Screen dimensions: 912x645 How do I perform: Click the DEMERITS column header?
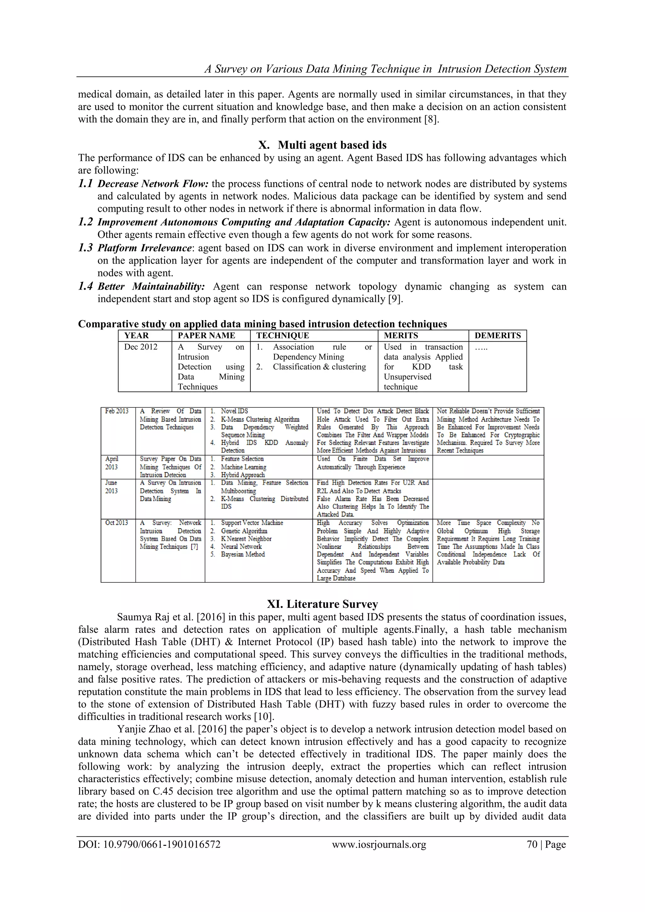(x=497, y=335)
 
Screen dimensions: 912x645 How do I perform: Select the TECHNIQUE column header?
(x=282, y=335)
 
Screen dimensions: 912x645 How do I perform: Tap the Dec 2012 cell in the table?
(x=141, y=347)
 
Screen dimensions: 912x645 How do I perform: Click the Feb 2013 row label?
(x=117, y=411)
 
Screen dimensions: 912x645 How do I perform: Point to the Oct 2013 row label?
(x=117, y=523)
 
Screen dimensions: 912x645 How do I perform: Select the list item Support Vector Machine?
(x=252, y=523)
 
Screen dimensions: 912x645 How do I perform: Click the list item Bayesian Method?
(x=243, y=554)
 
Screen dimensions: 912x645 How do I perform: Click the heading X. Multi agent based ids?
(x=322, y=145)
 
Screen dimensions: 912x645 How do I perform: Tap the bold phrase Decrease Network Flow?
(x=153, y=184)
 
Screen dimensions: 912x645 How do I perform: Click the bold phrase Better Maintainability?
(x=151, y=286)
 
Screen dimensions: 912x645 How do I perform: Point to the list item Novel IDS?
(x=234, y=411)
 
